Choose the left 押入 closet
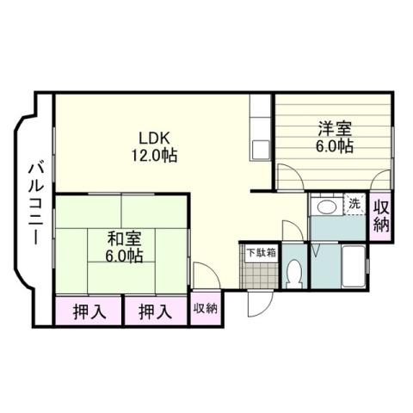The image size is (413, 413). (88, 311)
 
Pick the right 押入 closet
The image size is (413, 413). (155, 311)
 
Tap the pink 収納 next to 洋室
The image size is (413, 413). (382, 216)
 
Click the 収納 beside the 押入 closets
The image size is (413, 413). (205, 308)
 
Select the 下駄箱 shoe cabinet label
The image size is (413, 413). (262, 253)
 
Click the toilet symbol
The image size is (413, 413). (293, 273)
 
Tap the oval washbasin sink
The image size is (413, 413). (325, 206)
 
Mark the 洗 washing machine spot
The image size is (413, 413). (354, 205)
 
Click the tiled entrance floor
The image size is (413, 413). (258, 277)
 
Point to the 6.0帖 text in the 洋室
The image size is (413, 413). (334, 147)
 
